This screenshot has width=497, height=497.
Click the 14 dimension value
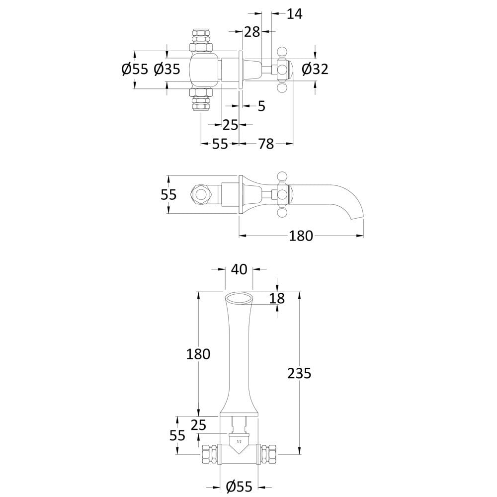point(294,14)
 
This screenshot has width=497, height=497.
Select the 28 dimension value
point(252,32)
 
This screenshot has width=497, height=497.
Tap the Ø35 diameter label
point(166,69)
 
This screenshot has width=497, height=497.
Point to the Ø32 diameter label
point(315,69)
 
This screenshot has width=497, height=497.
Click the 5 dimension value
point(261,106)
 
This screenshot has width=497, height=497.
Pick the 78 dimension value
point(266,144)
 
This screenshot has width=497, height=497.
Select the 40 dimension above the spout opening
point(239,269)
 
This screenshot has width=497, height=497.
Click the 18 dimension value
point(277,298)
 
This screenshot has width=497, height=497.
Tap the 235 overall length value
point(299,373)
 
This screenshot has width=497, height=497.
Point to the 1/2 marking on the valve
point(239,441)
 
